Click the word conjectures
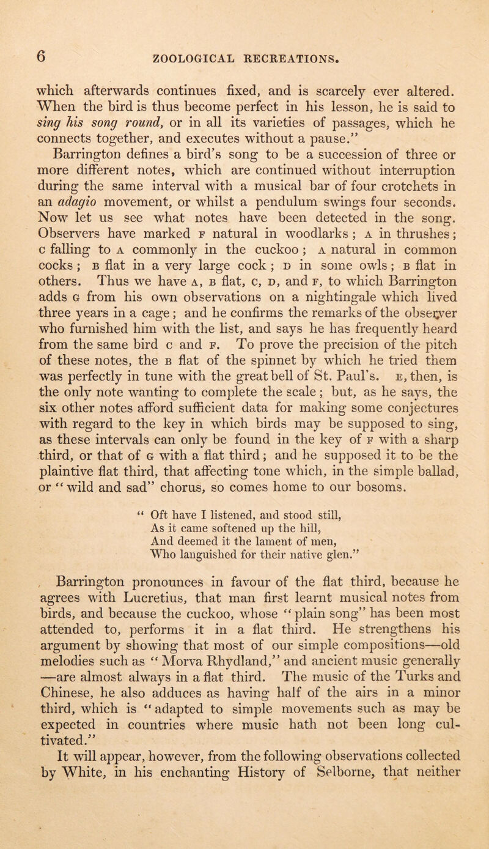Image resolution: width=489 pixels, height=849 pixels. pyautogui.click(x=393, y=435)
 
